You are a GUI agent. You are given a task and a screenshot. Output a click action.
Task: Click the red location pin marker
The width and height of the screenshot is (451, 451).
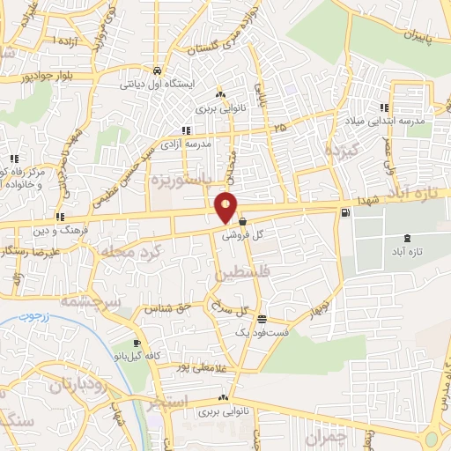[226, 206]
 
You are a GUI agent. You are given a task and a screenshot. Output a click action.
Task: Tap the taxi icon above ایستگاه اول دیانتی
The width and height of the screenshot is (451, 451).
[157, 71]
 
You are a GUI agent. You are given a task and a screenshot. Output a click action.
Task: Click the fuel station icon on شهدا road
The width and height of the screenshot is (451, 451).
[344, 211]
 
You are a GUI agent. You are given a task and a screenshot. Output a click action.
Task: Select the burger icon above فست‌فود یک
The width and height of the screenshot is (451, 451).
[261, 318]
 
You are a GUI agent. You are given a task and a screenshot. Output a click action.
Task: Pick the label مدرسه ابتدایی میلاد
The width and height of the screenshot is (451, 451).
[396, 118]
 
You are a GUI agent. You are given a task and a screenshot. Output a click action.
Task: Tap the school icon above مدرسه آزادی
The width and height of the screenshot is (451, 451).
[185, 130]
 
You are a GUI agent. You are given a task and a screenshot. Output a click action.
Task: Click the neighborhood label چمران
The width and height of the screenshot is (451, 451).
[326, 436]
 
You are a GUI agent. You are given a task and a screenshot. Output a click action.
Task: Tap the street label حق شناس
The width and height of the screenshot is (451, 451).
[172, 308]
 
